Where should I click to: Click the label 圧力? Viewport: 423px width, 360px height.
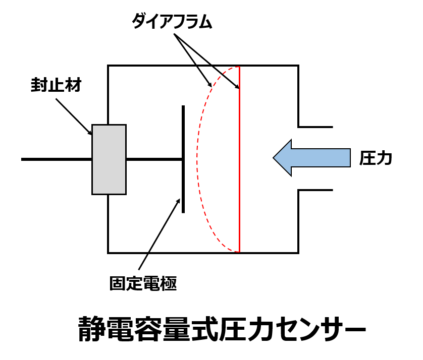point(376,158)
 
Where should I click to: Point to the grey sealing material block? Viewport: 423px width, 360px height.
point(109,159)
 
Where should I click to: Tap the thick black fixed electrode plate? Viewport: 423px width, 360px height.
point(183,159)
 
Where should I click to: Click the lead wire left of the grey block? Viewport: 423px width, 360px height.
point(56,159)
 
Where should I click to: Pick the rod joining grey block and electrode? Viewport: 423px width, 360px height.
point(154,159)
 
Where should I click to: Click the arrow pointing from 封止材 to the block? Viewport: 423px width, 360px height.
point(74,116)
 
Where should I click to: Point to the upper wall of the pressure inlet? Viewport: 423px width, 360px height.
point(315,126)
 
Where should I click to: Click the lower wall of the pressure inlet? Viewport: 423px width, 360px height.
point(315,190)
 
